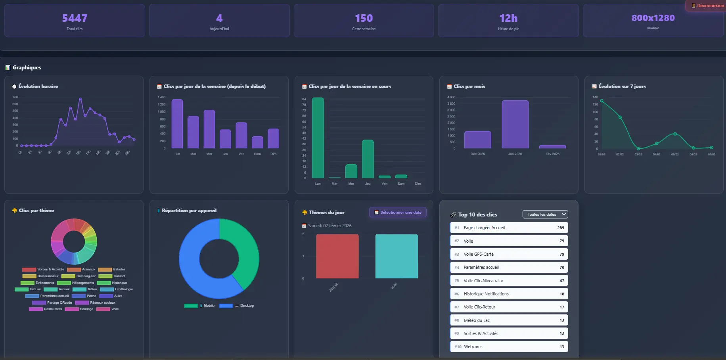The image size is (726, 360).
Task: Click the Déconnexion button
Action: (708, 6)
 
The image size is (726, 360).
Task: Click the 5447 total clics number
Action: (75, 18)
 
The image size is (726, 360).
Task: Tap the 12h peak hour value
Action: (508, 18)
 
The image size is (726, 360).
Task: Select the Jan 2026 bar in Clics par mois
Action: (515, 124)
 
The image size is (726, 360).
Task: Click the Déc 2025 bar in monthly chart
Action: (477, 140)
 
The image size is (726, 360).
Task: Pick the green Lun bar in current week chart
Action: (318, 138)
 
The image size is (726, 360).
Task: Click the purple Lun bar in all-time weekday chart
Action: (177, 124)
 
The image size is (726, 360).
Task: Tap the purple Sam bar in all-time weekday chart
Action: (257, 142)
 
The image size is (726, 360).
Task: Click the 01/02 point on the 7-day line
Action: (601, 101)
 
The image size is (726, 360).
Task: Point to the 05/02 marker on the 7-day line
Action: (675, 134)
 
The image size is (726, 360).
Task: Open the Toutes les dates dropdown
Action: (545, 214)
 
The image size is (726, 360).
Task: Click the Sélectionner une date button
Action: (398, 213)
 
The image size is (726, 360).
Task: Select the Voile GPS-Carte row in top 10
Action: (509, 254)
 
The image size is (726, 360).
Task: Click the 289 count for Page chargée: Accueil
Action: (560, 228)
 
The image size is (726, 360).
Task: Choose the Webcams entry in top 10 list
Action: (509, 347)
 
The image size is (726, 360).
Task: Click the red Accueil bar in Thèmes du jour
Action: (337, 256)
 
